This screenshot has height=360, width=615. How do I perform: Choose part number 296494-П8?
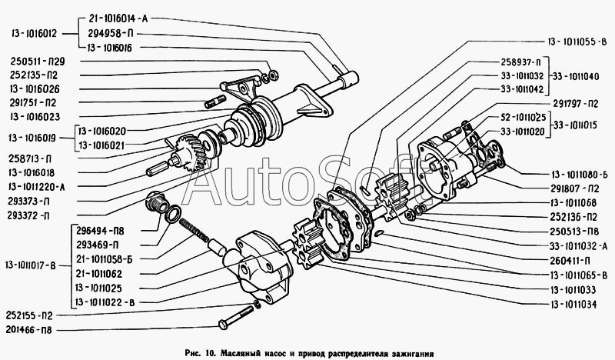[106, 229]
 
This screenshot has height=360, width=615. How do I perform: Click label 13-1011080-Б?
[577, 174]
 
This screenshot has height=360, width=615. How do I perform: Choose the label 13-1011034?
[577, 304]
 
